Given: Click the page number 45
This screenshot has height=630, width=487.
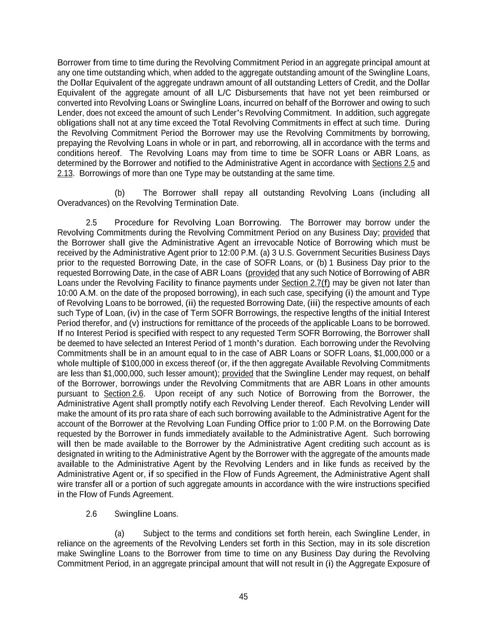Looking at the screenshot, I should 243,596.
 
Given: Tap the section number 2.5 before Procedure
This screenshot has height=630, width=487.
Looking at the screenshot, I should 91,222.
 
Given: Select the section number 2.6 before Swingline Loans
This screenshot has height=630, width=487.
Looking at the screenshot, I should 91,514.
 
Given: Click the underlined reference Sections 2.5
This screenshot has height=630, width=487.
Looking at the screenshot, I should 393,163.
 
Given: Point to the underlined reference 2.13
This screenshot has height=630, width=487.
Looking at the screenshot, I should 65,173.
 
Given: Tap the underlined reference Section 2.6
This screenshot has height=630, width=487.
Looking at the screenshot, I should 123,394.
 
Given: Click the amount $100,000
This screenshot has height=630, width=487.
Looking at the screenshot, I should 138,363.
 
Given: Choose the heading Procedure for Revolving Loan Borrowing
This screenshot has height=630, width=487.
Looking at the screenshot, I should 197,222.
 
